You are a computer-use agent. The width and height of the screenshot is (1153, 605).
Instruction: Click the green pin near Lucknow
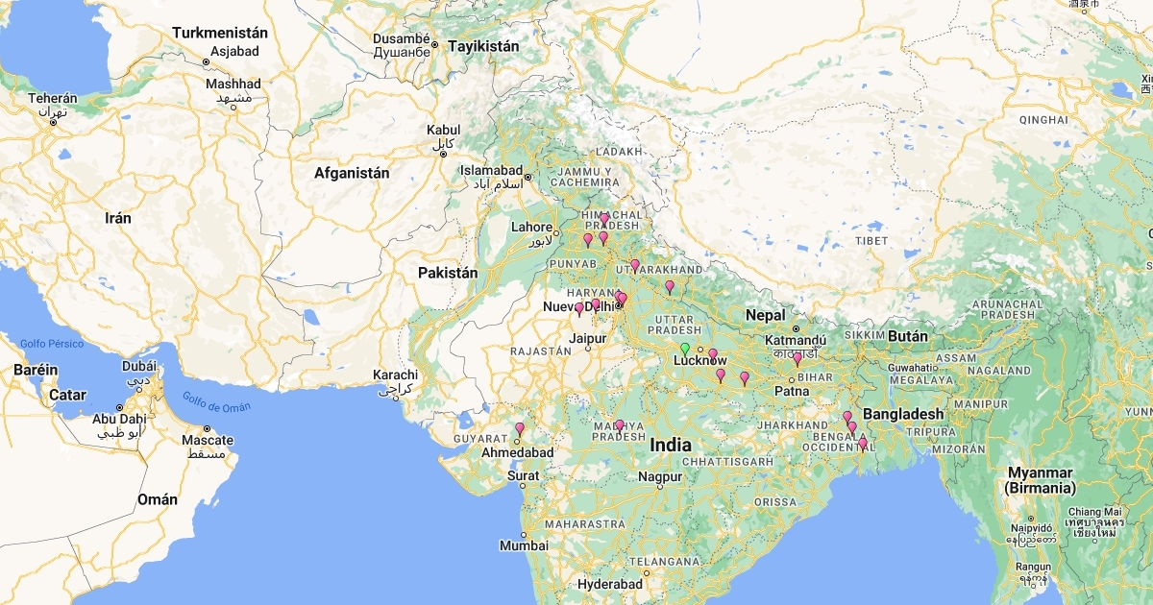coord(685,349)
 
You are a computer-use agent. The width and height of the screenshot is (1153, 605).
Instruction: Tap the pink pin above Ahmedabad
coord(520,429)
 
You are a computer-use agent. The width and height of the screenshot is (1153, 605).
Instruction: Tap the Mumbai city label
coord(524,545)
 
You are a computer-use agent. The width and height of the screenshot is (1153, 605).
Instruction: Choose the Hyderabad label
coord(610,584)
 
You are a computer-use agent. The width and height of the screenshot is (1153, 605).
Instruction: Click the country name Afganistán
coord(352,174)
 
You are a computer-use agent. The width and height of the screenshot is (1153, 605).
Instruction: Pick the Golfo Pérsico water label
coord(51,343)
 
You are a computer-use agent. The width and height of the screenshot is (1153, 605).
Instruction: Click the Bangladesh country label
coord(903,414)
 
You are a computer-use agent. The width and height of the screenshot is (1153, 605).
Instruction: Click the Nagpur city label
coord(659,476)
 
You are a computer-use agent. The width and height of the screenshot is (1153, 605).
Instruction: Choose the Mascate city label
coord(208,441)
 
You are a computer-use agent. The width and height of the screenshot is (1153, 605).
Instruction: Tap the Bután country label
coord(906,336)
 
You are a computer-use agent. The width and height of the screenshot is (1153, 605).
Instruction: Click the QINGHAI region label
coord(1043,119)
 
